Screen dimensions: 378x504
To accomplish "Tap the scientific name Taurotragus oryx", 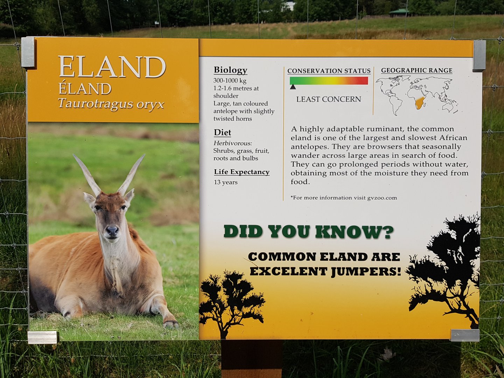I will pyautogui.click(x=111, y=104).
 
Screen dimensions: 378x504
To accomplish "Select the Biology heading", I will pyautogui.click(x=230, y=70).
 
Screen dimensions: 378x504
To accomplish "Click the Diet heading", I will pyautogui.click(x=222, y=133).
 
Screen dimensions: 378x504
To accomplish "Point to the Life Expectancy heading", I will pyautogui.click(x=241, y=172).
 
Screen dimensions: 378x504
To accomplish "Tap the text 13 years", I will pyautogui.click(x=226, y=182).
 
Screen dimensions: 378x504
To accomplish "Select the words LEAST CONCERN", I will pyautogui.click(x=328, y=99).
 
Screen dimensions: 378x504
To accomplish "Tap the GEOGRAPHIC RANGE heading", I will pyautogui.click(x=416, y=70).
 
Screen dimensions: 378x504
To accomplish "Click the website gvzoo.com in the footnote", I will pyautogui.click(x=382, y=198).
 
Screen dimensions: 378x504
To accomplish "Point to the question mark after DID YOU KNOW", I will pyautogui.click(x=388, y=232).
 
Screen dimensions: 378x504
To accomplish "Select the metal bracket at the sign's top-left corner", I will pyautogui.click(x=28, y=52).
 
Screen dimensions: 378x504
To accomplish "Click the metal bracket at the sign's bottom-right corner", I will pyautogui.click(x=464, y=335).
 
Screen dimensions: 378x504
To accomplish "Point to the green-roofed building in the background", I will pyautogui.click(x=399, y=13).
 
